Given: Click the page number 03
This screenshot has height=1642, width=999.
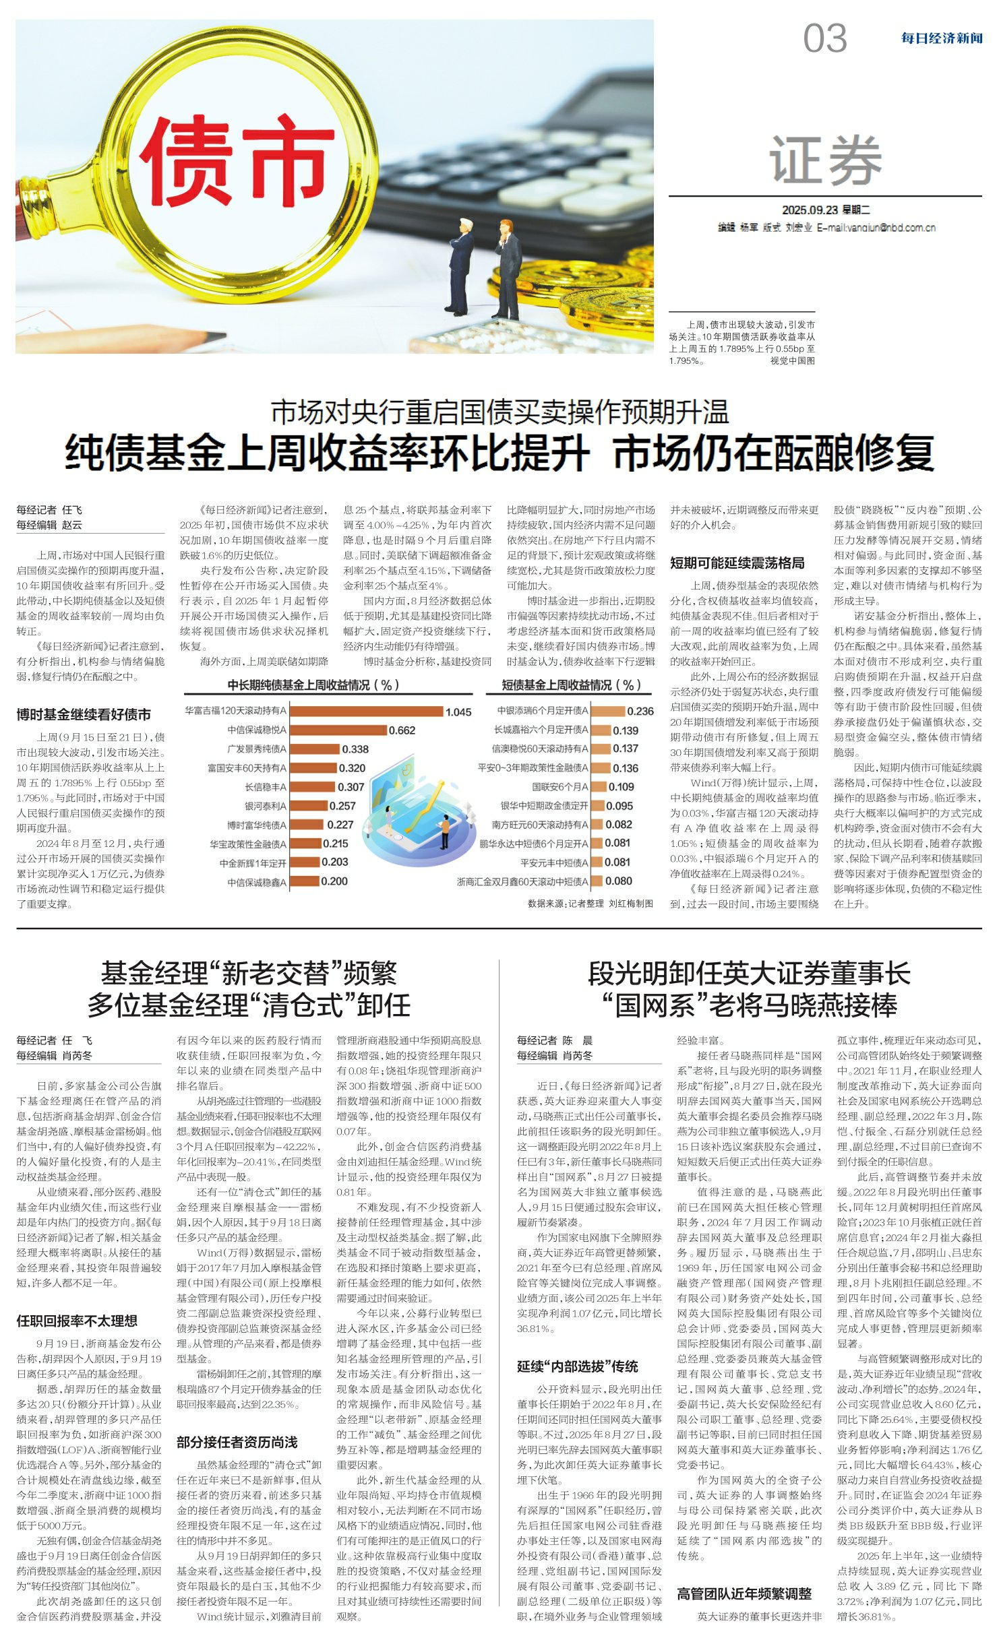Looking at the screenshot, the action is coord(824,38).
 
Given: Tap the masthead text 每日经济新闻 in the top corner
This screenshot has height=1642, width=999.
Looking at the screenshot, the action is coord(942,38).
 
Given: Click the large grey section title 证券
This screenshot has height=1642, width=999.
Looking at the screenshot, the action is coord(825,159).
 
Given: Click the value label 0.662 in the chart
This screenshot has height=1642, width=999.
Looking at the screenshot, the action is coord(402,730).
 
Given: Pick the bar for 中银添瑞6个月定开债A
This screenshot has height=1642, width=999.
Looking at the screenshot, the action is coord(608,711).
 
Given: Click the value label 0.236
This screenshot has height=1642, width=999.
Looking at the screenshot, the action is coord(640,711).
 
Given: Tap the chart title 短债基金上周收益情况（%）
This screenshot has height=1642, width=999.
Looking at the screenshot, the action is coord(570,685).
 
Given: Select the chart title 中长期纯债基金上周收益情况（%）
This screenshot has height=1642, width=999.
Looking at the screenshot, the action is coord(313,685).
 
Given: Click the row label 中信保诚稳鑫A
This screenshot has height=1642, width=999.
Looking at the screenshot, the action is coord(256,882).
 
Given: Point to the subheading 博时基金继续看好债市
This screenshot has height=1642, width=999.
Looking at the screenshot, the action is coord(84,714).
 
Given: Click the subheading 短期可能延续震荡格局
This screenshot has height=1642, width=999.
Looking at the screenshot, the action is coord(737,563).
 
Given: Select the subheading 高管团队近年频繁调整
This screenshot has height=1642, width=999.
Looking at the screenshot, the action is coord(744,1593).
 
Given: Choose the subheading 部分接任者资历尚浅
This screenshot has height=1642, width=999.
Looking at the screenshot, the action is coord(237,1442).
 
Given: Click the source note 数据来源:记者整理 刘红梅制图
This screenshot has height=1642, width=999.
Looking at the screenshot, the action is coord(590,904).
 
